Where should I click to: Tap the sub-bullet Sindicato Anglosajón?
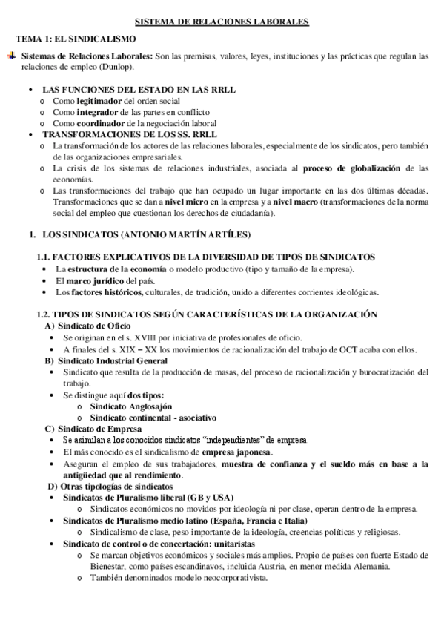click(130, 406)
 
